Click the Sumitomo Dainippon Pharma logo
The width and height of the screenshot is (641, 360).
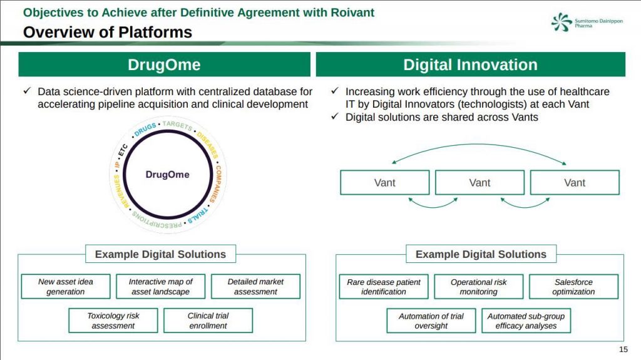[587, 22]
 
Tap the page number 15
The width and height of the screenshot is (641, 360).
[623, 349]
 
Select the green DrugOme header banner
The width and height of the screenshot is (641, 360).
[165, 64]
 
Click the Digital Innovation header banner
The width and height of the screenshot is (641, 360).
[471, 64]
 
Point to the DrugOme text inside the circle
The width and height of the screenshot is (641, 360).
[168, 175]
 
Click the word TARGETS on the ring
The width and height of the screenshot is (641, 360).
[177, 125]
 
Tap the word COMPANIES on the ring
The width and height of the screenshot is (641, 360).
[218, 183]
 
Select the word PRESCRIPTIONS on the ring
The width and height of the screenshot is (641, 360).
[157, 220]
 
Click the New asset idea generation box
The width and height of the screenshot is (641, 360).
[66, 286]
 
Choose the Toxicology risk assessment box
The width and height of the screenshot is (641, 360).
[113, 321]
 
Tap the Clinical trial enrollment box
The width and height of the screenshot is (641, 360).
[208, 321]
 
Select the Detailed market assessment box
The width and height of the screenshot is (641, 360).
[255, 286]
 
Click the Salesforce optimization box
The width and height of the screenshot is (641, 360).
[573, 286]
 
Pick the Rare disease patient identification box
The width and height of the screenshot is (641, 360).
[384, 286]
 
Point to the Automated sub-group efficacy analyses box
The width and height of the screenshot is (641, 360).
[526, 321]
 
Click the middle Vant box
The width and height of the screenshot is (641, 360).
[479, 182]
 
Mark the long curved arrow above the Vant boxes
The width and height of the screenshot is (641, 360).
[479, 144]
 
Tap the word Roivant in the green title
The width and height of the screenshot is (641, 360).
[352, 13]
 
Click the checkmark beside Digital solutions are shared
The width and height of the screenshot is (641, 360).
[335, 116]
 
